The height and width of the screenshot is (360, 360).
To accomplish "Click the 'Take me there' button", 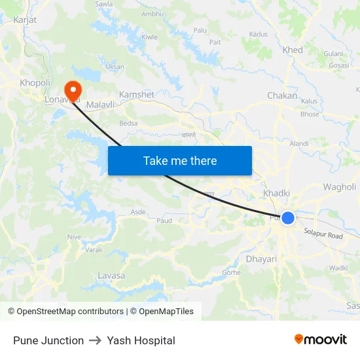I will click(180, 161).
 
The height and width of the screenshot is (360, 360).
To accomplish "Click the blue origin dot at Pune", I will click(288, 218).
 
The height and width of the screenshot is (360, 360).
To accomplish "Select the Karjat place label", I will click(24, 20).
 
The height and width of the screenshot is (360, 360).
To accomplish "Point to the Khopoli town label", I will click(35, 82).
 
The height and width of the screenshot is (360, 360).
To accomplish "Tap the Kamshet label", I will click(136, 95).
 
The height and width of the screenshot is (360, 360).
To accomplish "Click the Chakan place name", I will click(282, 96).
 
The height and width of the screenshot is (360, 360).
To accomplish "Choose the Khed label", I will click(292, 50).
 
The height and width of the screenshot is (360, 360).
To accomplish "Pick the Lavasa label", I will click(111, 276).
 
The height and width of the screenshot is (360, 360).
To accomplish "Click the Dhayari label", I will click(261, 259).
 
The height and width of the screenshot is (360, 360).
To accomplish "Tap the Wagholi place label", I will click(339, 187).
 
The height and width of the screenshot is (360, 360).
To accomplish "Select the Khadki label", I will click(276, 193).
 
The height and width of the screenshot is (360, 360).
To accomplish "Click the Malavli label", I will click(101, 105).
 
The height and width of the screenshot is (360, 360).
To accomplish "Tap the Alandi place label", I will click(298, 143).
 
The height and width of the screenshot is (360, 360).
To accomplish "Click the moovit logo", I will click(321, 339).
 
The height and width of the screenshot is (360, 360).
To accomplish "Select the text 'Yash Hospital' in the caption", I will click(141, 340).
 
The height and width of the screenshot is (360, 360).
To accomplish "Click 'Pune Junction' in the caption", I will click(48, 340).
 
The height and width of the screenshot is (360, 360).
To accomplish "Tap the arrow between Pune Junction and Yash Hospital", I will click(96, 340).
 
